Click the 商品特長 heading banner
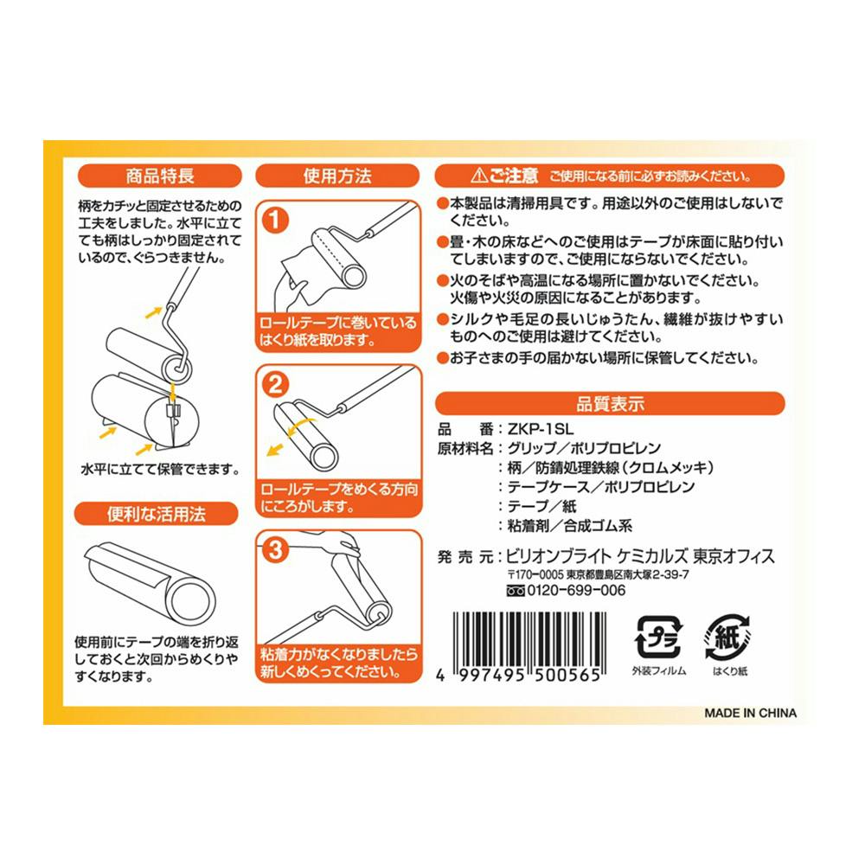coord(160,176)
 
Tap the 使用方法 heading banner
coord(337,176)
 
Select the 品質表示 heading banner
coord(610,403)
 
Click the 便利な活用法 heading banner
coord(156,514)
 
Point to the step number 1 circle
coord(275,220)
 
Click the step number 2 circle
coord(275,385)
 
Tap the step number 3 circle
coord(275,549)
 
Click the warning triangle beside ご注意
coord(479,176)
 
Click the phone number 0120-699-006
coord(576,590)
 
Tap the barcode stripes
coord(529,640)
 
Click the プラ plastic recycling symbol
coord(658,638)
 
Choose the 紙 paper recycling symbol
coord(728,638)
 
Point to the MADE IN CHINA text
coord(750,713)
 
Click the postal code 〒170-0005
coord(535,574)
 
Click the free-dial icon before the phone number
coord(516,591)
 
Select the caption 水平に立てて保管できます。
coord(160,470)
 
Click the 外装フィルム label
coord(658,671)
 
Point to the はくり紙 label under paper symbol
coord(729,671)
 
